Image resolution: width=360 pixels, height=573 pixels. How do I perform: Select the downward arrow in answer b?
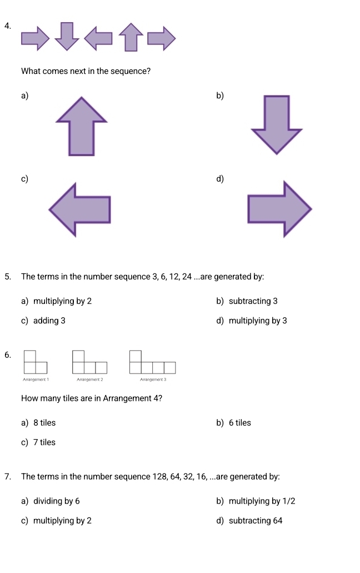(x=277, y=124)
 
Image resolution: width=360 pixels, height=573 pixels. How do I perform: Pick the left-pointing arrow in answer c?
(x=81, y=208)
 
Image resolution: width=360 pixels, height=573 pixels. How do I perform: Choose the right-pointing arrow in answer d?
(x=278, y=208)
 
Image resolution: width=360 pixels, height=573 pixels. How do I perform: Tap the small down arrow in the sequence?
(x=67, y=36)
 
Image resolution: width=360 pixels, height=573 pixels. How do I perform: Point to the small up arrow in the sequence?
(x=131, y=37)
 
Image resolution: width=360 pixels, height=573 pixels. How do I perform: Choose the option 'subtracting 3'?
(x=253, y=301)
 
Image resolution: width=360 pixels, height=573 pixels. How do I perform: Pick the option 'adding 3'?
(x=49, y=321)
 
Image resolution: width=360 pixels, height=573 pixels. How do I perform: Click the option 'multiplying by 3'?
(x=257, y=321)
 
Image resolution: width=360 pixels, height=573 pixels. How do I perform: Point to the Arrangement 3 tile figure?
(x=152, y=362)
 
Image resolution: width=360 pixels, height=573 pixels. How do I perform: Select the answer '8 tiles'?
(x=44, y=423)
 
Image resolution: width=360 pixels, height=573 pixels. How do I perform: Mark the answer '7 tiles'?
(x=44, y=442)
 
